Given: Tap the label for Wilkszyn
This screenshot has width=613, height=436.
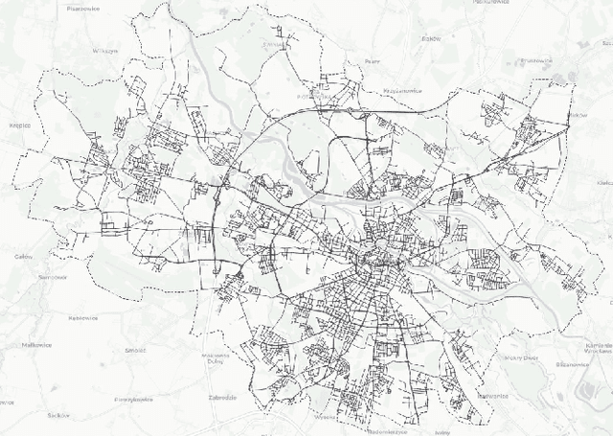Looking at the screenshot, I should pyautogui.click(x=105, y=50).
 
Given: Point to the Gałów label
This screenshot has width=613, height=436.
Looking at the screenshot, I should pyautogui.click(x=24, y=257).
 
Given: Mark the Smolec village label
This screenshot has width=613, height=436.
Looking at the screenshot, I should pyautogui.click(x=135, y=350).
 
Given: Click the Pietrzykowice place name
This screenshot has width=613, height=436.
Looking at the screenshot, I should pyautogui.click(x=134, y=398).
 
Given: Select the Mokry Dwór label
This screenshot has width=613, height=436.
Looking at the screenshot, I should pyautogui.click(x=522, y=357).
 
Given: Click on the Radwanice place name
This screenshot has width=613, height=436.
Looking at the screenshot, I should pyautogui.click(x=491, y=394).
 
